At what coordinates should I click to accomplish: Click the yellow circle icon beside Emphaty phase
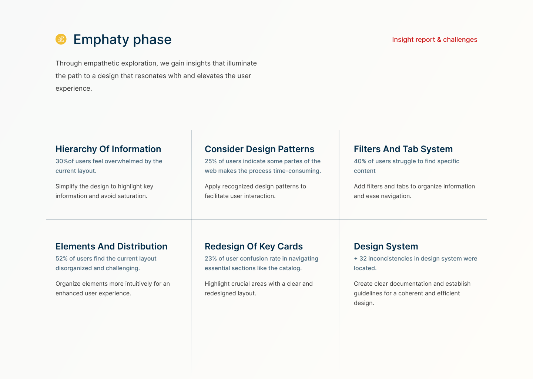(x=61, y=39)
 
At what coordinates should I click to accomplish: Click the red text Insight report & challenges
(x=435, y=40)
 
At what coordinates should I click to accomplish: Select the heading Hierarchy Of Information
(x=108, y=149)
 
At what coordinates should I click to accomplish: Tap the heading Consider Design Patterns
(x=259, y=149)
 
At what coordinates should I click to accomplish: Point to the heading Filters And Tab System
(x=403, y=149)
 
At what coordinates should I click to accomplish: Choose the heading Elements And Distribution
(x=111, y=246)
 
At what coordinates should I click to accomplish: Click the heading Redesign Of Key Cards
(x=254, y=246)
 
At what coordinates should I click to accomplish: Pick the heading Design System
(x=386, y=246)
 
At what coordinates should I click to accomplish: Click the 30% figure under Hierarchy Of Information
(x=61, y=161)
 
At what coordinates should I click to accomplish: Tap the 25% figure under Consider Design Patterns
(x=211, y=161)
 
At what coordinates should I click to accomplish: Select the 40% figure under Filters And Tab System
(x=360, y=161)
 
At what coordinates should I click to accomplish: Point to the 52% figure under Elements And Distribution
(x=61, y=259)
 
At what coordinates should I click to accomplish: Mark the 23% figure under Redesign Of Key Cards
(x=211, y=259)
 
